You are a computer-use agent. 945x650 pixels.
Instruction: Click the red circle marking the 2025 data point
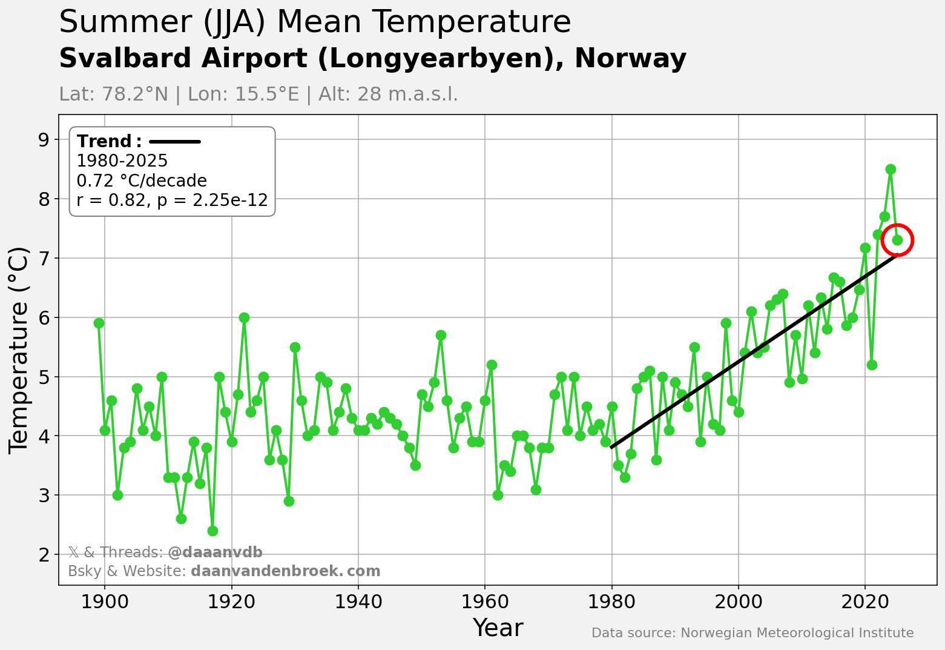897,240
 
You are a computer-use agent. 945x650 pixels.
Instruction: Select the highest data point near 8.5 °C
890,169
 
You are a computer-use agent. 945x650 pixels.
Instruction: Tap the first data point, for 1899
99,323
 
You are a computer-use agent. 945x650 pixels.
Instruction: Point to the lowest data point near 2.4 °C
212,531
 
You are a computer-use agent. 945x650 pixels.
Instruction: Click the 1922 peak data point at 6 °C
244,317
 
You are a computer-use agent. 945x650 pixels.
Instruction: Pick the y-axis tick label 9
43,140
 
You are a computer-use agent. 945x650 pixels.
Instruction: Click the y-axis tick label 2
43,555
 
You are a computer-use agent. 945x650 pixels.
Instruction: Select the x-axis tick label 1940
358,602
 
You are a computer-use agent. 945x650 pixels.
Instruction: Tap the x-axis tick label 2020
865,602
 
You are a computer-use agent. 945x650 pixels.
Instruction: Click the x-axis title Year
498,628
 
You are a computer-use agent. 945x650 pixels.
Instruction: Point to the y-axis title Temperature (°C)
19,350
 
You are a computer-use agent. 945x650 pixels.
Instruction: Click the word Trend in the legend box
105,141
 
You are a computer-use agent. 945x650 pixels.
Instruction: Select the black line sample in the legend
174,142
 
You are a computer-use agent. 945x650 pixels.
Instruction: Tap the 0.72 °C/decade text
142,181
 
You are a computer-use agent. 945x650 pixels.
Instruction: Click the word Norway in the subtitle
630,59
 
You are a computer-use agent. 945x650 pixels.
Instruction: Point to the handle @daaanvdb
215,552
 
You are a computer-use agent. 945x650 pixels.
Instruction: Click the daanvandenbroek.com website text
285,571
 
